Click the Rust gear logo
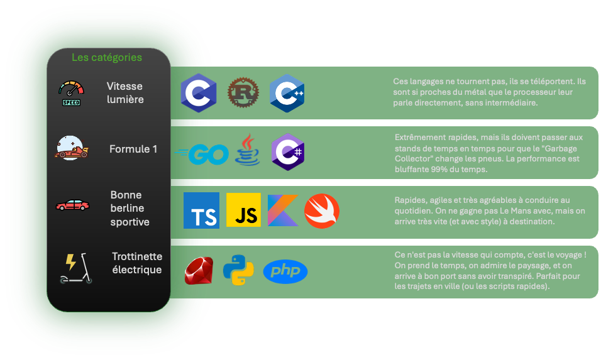tap(242, 93)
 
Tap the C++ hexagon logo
tap(287, 93)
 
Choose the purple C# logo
tap(288, 152)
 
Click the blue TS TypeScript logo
tap(202, 210)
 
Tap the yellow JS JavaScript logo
tap(243, 210)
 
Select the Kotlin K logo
tap(283, 210)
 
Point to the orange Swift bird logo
tap(322, 210)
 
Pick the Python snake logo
tap(238, 271)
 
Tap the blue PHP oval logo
tap(285, 271)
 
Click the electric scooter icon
tap(75, 268)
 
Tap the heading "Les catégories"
tap(107, 57)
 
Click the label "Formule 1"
tap(133, 149)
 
